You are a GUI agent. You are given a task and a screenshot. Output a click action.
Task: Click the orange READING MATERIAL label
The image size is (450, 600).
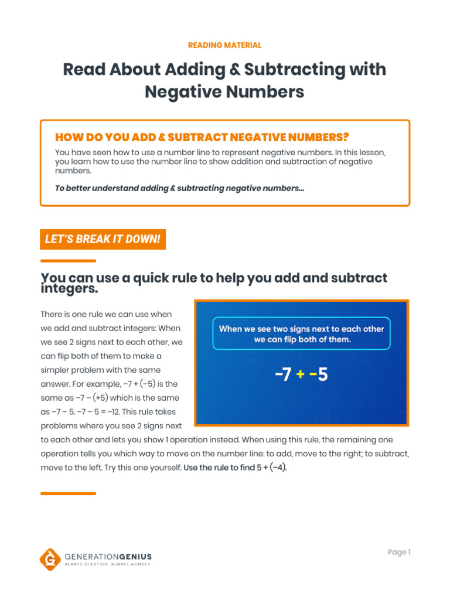(224, 45)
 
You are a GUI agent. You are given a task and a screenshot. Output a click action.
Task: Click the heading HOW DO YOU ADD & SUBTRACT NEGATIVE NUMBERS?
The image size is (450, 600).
(202, 137)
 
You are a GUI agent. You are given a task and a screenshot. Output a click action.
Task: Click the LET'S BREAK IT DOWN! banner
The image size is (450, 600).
(103, 239)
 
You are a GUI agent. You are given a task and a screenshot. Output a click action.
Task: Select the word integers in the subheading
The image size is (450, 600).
(69, 289)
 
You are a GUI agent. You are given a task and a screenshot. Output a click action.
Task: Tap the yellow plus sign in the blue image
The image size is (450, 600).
(301, 374)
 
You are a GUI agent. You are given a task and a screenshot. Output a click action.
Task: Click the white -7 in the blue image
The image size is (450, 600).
(283, 374)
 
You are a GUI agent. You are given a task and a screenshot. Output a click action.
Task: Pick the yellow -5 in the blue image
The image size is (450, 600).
(318, 374)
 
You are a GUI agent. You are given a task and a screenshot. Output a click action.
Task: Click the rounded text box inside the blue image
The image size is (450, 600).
(301, 334)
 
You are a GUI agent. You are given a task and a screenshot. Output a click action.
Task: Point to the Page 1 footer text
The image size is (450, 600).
(399, 552)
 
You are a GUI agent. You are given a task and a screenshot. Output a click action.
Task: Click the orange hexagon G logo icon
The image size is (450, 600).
(50, 558)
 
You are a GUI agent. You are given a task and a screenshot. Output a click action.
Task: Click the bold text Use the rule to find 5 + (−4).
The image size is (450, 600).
(235, 468)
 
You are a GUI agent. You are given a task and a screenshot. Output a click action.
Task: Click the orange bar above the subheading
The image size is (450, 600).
(68, 261)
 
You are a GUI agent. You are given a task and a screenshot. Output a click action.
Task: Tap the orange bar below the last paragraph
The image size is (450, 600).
(68, 493)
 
